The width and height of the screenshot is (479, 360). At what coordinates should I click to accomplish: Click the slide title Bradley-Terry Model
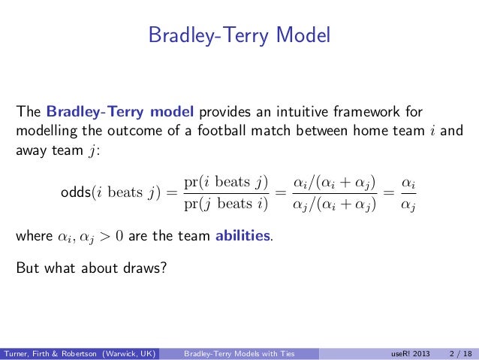coord(239,35)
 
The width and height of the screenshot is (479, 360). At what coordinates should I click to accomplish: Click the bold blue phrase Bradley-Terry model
coord(120,112)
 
